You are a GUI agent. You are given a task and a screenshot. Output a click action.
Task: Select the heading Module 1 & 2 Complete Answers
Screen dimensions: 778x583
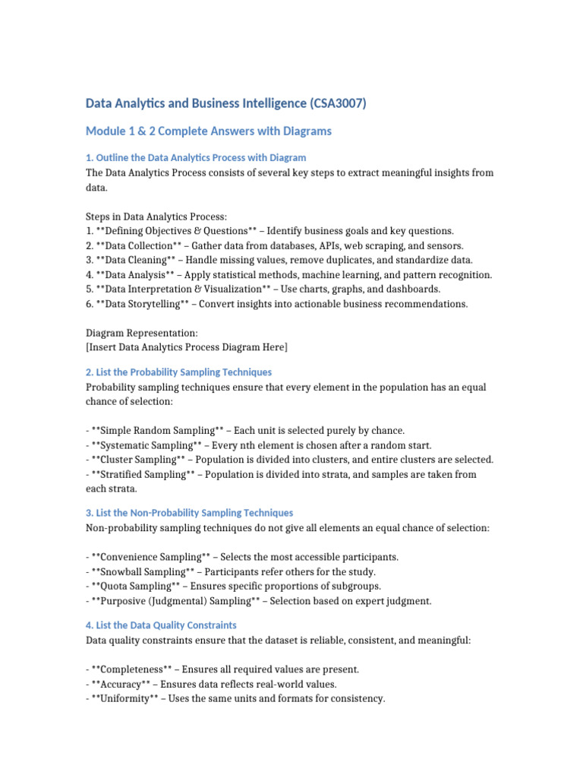209,131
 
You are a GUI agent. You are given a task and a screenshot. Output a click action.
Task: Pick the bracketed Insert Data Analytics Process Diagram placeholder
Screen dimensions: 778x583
188,347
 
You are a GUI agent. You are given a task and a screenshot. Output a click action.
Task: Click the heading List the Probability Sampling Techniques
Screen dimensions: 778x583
178,372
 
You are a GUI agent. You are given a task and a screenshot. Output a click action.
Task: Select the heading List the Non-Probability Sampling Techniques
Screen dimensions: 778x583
189,513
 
